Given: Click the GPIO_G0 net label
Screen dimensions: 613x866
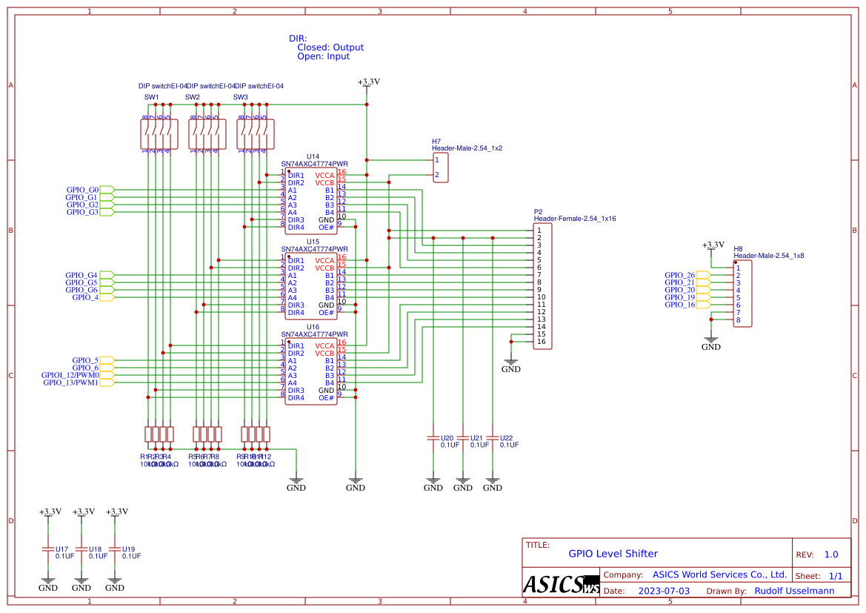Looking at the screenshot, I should pyautogui.click(x=82, y=190).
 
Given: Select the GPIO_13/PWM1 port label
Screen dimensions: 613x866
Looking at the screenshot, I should pyautogui.click(x=70, y=382).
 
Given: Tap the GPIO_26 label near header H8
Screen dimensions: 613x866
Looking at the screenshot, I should pyautogui.click(x=679, y=275).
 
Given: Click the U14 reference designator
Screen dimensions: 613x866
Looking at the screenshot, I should pyautogui.click(x=313, y=156).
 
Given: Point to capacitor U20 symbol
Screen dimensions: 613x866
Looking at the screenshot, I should pyautogui.click(x=433, y=437).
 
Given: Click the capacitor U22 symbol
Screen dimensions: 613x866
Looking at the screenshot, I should pyautogui.click(x=492, y=437).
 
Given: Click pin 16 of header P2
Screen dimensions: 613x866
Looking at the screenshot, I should pyautogui.click(x=541, y=342).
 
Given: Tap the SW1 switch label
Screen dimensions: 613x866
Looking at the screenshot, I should pyautogui.click(x=151, y=97).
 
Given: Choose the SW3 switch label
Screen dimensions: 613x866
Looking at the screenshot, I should pyautogui.click(x=240, y=97).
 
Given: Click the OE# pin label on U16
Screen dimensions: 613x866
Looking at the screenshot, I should pyautogui.click(x=326, y=398).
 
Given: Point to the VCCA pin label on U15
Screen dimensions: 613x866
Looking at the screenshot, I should pyautogui.click(x=324, y=261).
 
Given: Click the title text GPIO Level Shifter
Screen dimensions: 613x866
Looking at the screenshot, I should pyautogui.click(x=613, y=554).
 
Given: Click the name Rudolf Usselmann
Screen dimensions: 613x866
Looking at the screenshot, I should pyautogui.click(x=794, y=591).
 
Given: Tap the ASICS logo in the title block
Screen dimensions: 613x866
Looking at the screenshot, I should pyautogui.click(x=560, y=583).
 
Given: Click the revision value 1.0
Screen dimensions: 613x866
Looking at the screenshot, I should pyautogui.click(x=830, y=554).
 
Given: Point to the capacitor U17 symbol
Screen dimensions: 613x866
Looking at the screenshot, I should pyautogui.click(x=47, y=549).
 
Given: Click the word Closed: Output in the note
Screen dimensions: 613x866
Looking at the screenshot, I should pyautogui.click(x=330, y=47).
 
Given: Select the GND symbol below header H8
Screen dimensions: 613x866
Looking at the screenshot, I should pyautogui.click(x=710, y=342).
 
